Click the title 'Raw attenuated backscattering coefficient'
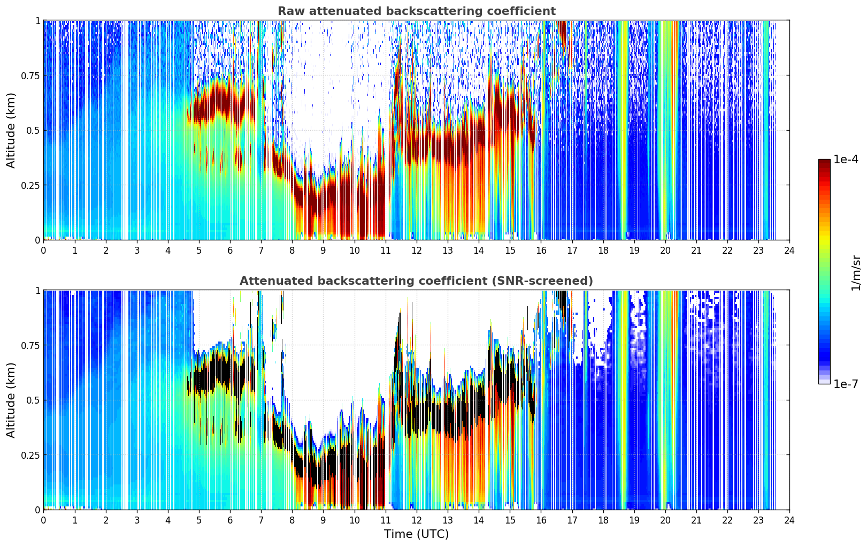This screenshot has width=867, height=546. [417, 11]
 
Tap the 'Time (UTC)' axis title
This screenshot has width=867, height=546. [417, 534]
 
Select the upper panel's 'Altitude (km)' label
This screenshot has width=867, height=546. [11, 131]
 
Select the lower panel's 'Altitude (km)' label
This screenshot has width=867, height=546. [11, 400]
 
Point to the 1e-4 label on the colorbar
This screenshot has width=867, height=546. [846, 159]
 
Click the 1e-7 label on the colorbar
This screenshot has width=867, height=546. [846, 384]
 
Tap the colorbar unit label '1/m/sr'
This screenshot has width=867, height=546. [856, 272]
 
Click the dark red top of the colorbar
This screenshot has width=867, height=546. [824, 163]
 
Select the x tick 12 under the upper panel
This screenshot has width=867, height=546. [417, 251]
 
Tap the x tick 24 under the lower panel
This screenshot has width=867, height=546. [789, 520]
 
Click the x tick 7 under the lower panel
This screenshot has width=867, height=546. [261, 520]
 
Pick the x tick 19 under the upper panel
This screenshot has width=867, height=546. [634, 251]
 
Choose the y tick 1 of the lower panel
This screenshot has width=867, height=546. [38, 291]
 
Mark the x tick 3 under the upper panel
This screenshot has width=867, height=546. [136, 251]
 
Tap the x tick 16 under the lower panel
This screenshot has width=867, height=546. [541, 520]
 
